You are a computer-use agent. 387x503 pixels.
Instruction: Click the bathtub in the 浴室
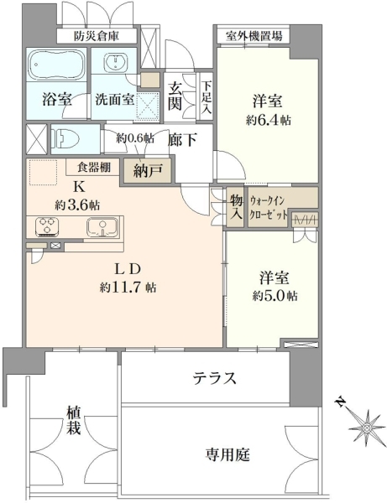pos(56,65)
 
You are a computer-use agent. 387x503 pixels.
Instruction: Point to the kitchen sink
pos(102,227)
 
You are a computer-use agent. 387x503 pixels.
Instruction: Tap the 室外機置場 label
pos(254,35)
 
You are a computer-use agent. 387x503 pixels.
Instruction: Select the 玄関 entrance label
pos(175,96)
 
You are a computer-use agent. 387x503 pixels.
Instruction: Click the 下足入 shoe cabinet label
pos(207,97)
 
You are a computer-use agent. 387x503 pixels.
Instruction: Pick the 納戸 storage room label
pos(148,171)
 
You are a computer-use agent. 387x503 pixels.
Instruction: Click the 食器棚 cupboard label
pos(94,167)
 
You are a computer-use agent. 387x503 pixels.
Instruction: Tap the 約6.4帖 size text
pos(269,121)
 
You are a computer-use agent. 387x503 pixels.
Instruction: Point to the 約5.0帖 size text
pos(275,296)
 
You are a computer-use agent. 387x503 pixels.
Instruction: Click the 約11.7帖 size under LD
pos(128,288)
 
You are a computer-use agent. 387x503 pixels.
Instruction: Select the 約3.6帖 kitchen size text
pos(77,205)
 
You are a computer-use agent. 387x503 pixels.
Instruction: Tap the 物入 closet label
pos(237,207)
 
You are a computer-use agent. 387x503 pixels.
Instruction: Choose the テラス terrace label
pos(215,379)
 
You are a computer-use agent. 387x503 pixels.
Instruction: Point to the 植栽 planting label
pos(74,421)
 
